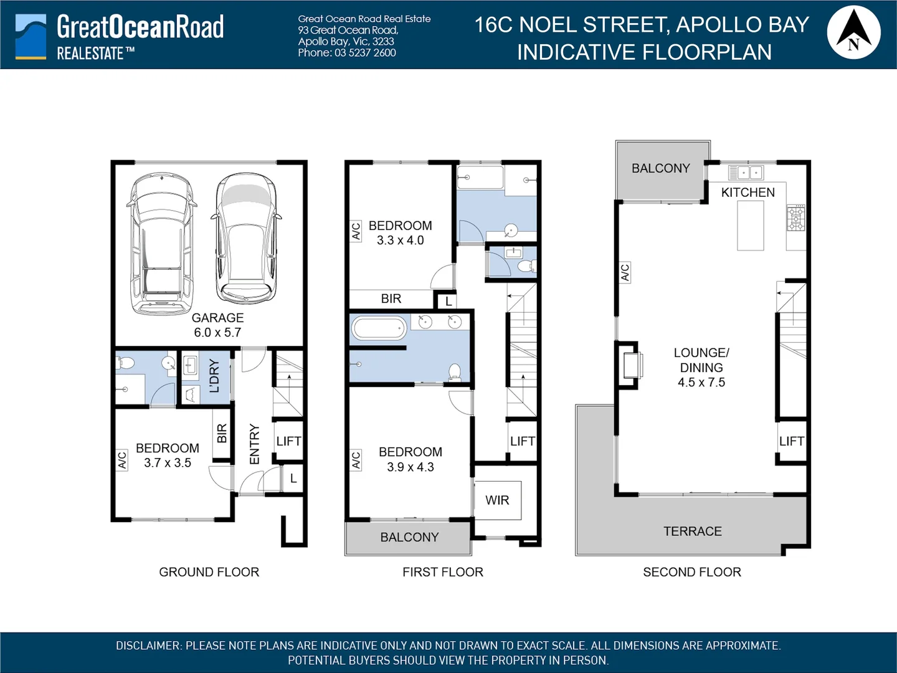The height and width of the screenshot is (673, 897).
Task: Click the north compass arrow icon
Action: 853,31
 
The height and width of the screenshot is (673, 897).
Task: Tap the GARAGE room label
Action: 217,318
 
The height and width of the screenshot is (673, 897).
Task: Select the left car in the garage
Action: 161,244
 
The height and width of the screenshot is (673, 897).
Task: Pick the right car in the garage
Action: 247,237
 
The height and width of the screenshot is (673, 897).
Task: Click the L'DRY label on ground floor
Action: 214,376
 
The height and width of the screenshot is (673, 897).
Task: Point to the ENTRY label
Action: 254,444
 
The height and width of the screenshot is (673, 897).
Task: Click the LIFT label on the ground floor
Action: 288,441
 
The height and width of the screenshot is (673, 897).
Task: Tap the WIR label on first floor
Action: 497,500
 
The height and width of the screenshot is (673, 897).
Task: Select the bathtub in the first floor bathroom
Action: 379,328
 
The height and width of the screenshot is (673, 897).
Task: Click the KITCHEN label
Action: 747,193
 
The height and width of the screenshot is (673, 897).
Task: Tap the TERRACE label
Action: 692,532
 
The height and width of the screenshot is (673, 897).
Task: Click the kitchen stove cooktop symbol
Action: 796,218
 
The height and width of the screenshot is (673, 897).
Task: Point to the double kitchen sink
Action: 746,172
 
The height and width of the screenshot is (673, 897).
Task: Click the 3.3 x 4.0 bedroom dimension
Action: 400,241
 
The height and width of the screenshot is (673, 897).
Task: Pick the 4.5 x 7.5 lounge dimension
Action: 701,383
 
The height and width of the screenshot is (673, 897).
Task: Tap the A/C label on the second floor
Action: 625,272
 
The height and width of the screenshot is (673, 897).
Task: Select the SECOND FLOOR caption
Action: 691,572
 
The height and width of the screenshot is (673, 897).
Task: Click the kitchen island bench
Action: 751,225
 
